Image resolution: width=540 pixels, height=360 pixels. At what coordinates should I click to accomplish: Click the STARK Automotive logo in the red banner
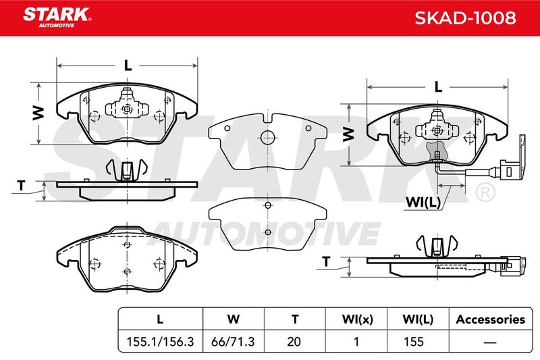point(57,18)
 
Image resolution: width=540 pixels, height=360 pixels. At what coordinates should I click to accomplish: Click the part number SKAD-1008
point(465,18)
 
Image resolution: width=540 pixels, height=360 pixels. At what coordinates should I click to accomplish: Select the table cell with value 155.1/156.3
point(160,342)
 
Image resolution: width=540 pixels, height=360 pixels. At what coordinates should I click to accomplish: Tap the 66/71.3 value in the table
point(233,342)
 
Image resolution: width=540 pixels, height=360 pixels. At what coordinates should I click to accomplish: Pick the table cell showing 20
point(294,342)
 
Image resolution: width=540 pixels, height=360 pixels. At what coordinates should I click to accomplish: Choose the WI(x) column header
point(357,319)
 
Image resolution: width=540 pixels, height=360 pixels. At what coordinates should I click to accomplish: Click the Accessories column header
point(491,319)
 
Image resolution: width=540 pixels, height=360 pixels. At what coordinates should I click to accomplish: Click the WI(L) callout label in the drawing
point(423,202)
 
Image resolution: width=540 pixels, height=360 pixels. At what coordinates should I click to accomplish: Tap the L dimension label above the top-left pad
point(128,65)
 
